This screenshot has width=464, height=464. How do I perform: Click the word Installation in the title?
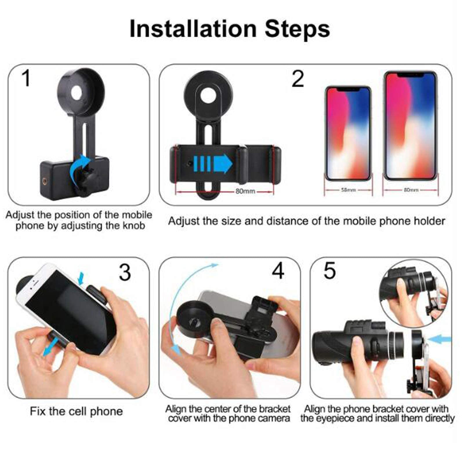[x=193, y=29]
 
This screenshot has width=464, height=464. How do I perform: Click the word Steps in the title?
[x=297, y=29]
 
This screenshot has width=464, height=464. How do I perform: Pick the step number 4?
[x=278, y=271]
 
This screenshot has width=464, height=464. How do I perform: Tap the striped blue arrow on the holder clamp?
[x=213, y=164]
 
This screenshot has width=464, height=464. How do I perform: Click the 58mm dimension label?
[x=348, y=190]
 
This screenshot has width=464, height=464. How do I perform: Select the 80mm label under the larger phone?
[x=411, y=190]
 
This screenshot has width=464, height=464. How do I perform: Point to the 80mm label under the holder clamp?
[x=245, y=191]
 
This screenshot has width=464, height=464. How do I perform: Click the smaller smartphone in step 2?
[x=348, y=133]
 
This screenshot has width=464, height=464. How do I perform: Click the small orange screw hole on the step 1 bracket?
[x=44, y=182]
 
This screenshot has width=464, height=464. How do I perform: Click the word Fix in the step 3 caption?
[x=38, y=411]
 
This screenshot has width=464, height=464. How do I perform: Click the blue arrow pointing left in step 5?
[x=440, y=339]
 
